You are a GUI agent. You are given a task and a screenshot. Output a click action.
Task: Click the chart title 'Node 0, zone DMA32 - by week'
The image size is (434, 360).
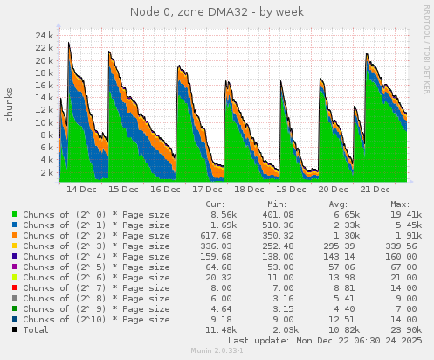[217, 12]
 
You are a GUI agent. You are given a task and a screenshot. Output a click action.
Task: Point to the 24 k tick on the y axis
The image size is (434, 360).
[46, 36]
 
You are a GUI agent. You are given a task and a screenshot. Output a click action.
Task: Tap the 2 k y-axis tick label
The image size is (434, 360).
[49, 172]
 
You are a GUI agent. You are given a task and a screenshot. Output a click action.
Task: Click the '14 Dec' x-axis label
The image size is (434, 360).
[82, 189]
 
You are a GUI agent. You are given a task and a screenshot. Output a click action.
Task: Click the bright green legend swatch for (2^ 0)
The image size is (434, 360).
[15, 214]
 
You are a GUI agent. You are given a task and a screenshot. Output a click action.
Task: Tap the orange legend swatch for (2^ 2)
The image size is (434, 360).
[15, 236]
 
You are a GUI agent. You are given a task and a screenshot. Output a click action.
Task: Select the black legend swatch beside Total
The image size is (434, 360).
[15, 329]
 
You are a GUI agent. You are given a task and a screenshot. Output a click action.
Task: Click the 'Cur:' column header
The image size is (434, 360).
[214, 204]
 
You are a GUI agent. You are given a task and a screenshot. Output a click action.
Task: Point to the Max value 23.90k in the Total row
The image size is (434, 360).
[407, 329]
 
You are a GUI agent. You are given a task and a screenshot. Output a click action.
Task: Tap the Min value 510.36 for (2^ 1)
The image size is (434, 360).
[279, 225]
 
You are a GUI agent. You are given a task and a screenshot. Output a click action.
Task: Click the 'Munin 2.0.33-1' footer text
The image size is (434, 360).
[217, 351]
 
